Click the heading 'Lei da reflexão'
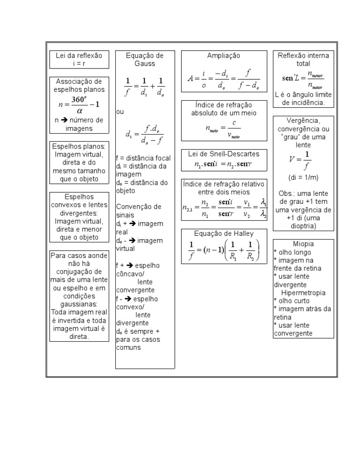pos(79,55)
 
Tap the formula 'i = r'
pos(79,63)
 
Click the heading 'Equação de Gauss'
pos(145,60)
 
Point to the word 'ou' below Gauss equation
pos(120,112)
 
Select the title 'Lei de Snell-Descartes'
pos(224,154)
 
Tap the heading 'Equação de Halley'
pos(224,233)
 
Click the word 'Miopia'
pos(303,244)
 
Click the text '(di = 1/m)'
pos(303,178)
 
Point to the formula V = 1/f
pos(300,160)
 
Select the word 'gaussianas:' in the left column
pos(78,304)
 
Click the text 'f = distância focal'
pos(143,158)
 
